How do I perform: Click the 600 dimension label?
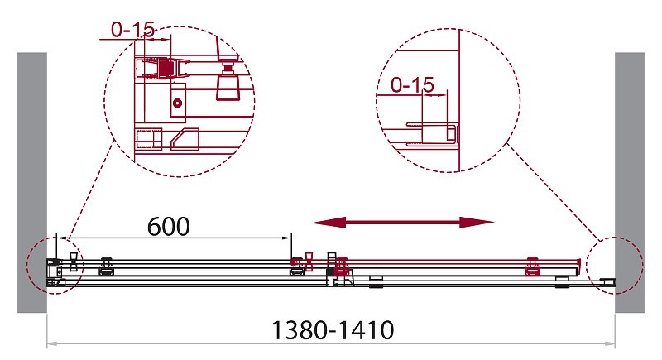[x=169, y=227]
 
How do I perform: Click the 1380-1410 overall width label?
[x=333, y=330]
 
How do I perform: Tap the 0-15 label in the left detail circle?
[x=133, y=30]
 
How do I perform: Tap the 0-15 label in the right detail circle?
[x=412, y=85]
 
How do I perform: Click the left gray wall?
[x=31, y=182]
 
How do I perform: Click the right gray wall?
[x=630, y=182]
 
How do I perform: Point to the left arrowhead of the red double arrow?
[x=329, y=223]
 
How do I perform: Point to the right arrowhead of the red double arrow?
[x=477, y=223]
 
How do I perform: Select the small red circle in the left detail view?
[x=177, y=103]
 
